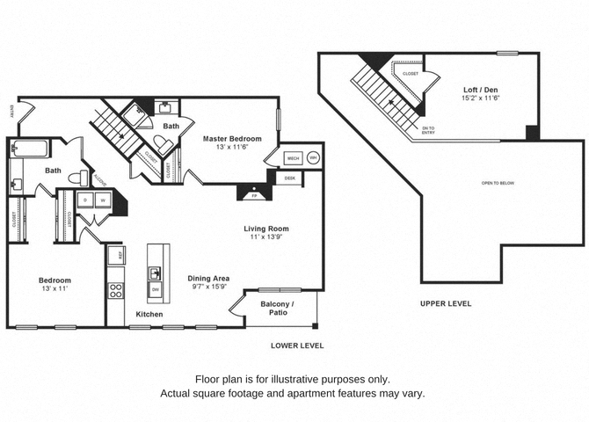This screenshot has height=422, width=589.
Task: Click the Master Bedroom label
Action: pos(232,138)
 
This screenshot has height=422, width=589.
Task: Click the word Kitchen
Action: pos(149,314)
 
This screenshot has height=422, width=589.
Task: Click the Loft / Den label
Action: pos(482,90)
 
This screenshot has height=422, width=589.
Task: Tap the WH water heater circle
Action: pos(313,159)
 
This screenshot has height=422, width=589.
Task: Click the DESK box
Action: pos(290,178)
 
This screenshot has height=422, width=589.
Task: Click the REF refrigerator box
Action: pos(114,256)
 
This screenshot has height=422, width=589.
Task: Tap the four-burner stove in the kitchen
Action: pos(115,289)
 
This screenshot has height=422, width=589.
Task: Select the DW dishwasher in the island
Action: pos(156,289)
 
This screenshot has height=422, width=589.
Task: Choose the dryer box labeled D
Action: pos(86,200)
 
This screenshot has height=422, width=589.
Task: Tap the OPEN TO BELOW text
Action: pos(498,183)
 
